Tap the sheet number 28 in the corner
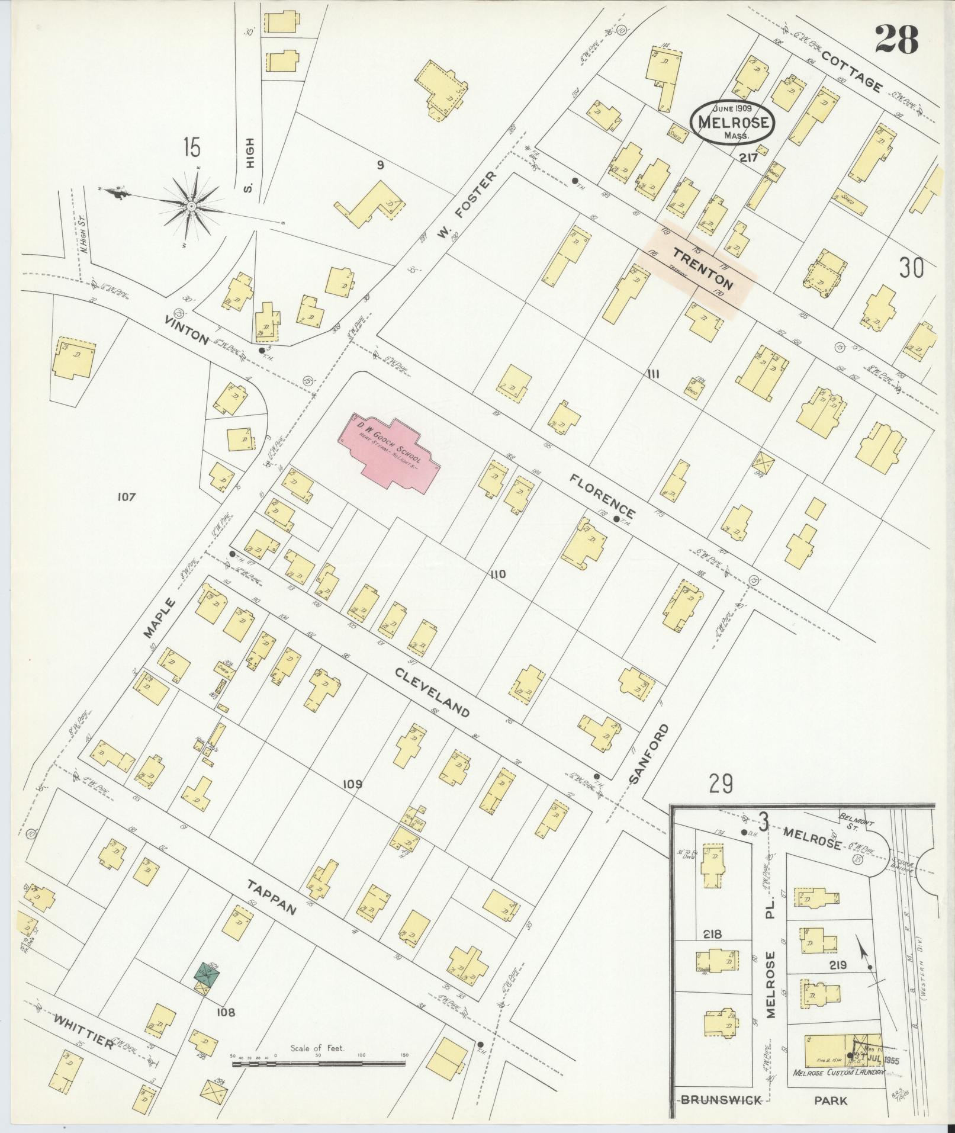pyautogui.click(x=896, y=40)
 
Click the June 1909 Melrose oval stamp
pyautogui.click(x=732, y=121)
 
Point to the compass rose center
pyautogui.click(x=192, y=206)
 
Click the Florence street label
pyautogui.click(x=603, y=495)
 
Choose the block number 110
pyautogui.click(x=498, y=574)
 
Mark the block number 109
pyautogui.click(x=353, y=784)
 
